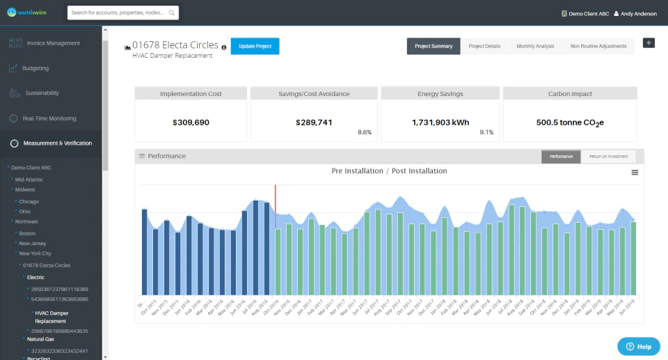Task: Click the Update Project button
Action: [x=255, y=46]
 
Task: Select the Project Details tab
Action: [x=484, y=46]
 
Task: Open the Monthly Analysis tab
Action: [x=535, y=46]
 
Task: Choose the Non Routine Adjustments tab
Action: [x=598, y=46]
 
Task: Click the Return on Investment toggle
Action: [x=607, y=157]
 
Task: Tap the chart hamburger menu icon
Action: [x=635, y=172]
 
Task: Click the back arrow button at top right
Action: [x=649, y=43]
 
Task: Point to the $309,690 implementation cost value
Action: [x=191, y=123]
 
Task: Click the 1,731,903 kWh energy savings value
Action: [x=440, y=123]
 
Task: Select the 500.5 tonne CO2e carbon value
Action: [x=569, y=123]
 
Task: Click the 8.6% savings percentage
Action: [x=365, y=132]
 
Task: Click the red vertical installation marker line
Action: [x=276, y=209]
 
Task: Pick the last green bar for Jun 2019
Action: [x=633, y=258]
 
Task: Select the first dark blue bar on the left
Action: [x=145, y=251]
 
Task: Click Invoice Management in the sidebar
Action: [x=53, y=43]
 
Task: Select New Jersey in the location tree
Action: [x=33, y=244]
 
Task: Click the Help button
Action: [x=638, y=346]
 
